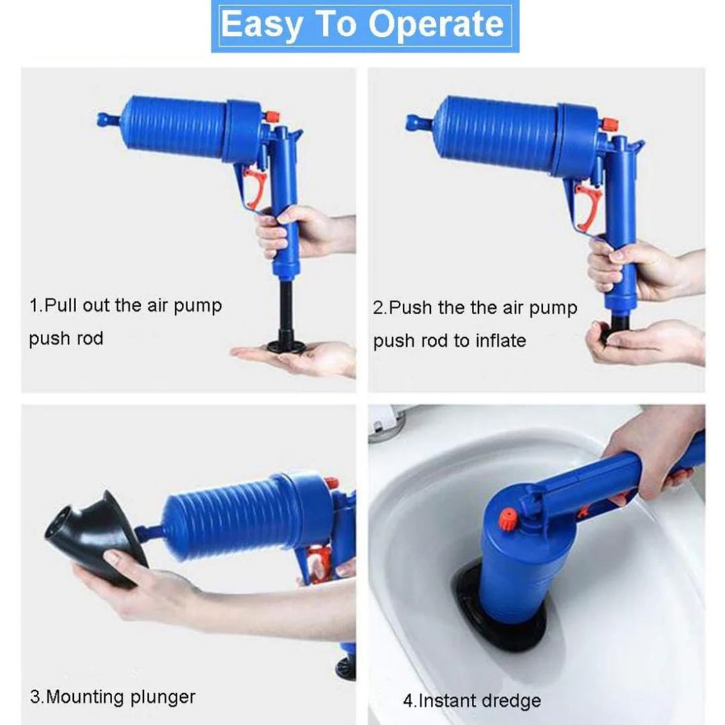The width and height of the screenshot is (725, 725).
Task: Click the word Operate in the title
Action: point(436,25)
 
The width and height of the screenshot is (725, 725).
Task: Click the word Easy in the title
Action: point(262,26)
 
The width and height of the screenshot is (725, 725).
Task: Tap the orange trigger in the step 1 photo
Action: point(254,189)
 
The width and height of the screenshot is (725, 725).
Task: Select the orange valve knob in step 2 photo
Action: point(610,124)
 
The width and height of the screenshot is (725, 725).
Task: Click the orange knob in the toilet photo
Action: point(509,519)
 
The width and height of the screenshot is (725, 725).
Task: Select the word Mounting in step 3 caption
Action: point(85,697)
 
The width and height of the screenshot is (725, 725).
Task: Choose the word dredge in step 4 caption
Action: point(510,701)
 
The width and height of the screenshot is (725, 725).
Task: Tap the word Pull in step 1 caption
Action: point(61,305)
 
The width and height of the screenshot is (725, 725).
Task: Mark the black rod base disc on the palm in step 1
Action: point(287,346)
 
